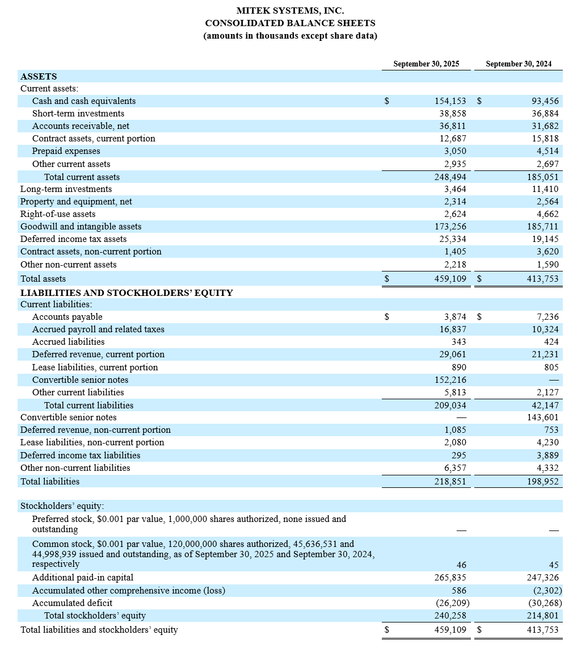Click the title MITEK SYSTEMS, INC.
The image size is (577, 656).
(x=290, y=11)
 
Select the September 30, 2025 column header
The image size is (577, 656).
(x=426, y=64)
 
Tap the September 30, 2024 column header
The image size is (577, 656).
(x=519, y=64)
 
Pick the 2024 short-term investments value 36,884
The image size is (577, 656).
(x=544, y=114)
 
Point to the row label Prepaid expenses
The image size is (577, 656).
(x=66, y=151)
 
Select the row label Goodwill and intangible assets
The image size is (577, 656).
(x=81, y=227)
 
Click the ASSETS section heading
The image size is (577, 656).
(x=38, y=76)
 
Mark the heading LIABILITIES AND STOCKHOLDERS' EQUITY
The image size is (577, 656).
(x=126, y=293)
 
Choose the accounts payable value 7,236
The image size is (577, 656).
(x=547, y=317)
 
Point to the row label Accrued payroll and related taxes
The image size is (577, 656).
(x=98, y=329)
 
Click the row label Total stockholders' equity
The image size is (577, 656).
(x=95, y=616)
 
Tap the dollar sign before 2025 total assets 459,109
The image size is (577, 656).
(x=386, y=279)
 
